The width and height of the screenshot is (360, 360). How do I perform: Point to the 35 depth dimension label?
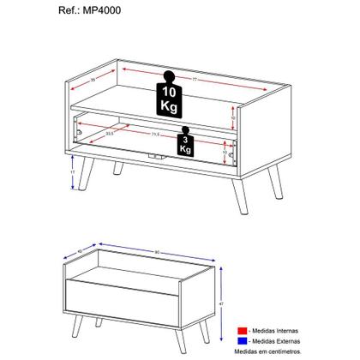tap(93, 80)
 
